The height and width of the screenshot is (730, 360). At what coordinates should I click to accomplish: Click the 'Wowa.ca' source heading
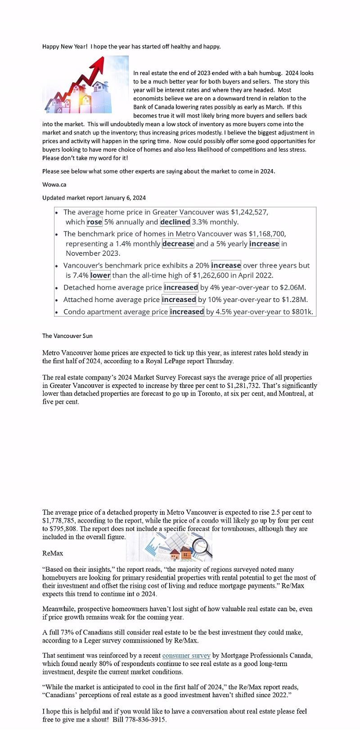[54, 185]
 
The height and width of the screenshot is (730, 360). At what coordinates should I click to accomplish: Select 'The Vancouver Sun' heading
[67, 336]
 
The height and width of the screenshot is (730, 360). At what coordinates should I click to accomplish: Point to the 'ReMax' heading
[53, 553]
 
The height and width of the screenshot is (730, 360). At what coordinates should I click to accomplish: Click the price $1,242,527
[249, 212]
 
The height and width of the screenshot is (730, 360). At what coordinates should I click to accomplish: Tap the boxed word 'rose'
[94, 222]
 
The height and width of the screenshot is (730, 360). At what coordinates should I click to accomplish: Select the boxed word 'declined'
[175, 222]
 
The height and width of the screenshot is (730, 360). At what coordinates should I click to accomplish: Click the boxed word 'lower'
[100, 275]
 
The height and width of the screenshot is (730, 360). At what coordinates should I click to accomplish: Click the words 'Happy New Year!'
[65, 46]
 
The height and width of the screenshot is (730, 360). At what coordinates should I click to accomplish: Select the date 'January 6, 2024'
[125, 198]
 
